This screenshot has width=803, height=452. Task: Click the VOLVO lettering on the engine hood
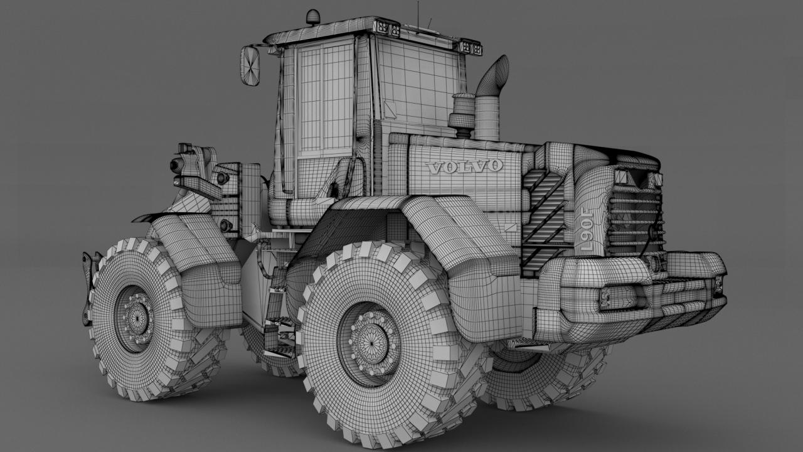pyautogui.click(x=464, y=167)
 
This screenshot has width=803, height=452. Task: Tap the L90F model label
pyautogui.click(x=587, y=232)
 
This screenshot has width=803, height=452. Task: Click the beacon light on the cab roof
pyautogui.click(x=313, y=18)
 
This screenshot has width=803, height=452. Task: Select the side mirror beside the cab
pyautogui.click(x=250, y=67)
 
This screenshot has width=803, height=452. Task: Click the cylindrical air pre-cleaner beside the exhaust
pyautogui.click(x=462, y=115)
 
